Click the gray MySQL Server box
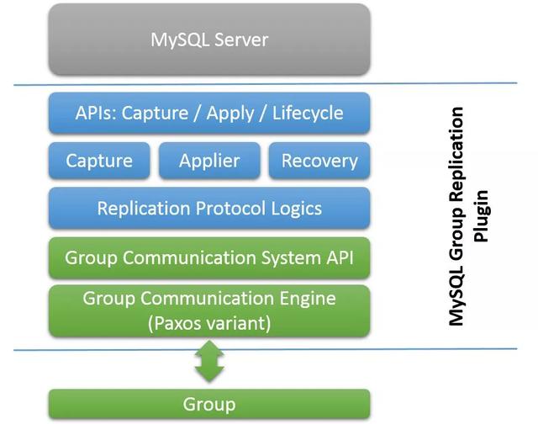[x=209, y=40]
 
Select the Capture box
[x=99, y=161]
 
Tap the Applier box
[x=209, y=161]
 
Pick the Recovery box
[x=319, y=161]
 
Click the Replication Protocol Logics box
[x=209, y=208]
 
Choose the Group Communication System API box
[x=209, y=257]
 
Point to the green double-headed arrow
[x=209, y=361]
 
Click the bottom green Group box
[x=209, y=404]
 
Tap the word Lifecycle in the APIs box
[x=308, y=114]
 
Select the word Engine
[x=308, y=299]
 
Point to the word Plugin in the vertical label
[x=481, y=216]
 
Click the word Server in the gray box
[x=241, y=40]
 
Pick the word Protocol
[x=230, y=208]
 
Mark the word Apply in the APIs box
[x=230, y=114]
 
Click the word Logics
[x=297, y=209]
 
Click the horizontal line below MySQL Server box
[x=266, y=84]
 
